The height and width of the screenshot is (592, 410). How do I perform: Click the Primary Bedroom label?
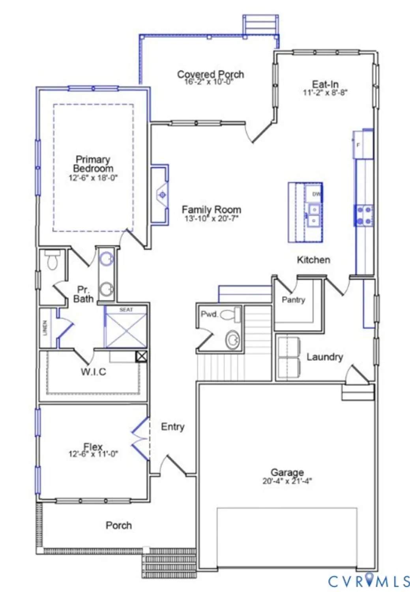[x=93, y=164]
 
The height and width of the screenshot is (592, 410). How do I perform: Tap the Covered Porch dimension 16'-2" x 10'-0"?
[x=209, y=82]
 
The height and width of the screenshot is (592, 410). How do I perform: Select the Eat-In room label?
[x=325, y=84]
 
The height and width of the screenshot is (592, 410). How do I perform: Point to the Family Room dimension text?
[x=212, y=218]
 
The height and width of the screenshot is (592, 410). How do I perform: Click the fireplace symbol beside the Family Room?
[x=162, y=195]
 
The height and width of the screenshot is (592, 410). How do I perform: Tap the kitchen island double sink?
[x=314, y=215]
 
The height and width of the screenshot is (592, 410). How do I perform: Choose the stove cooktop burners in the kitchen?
[x=363, y=215]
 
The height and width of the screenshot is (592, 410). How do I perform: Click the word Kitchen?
[x=313, y=260]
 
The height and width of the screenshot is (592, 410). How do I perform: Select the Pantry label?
[x=293, y=300]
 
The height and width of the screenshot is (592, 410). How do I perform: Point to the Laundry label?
[x=324, y=357]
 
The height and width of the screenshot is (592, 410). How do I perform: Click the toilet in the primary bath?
[x=52, y=261]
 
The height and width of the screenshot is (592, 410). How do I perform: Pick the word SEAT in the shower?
[x=126, y=310]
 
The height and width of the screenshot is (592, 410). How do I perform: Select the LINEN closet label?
[x=45, y=328]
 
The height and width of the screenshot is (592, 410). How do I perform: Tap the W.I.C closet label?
[x=93, y=372]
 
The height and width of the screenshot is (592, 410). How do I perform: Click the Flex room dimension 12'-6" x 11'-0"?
[x=93, y=454]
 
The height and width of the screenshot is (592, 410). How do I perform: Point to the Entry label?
[x=172, y=427]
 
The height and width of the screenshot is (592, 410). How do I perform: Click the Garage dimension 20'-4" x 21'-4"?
[x=287, y=481]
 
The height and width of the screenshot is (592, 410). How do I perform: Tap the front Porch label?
[x=118, y=525]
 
